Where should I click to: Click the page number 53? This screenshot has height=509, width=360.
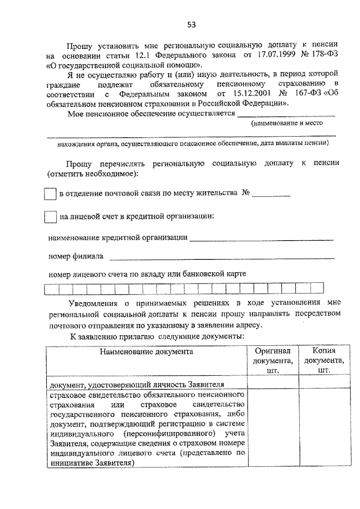pos(191,24)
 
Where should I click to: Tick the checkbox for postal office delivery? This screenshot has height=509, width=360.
pos(50,193)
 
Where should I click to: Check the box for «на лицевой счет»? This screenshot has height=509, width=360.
pos(50,217)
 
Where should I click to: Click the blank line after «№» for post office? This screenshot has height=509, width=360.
pos(271,195)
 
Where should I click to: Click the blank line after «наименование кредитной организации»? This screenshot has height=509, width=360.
pos(262,240)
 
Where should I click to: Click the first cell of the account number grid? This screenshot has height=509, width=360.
pos(51,290)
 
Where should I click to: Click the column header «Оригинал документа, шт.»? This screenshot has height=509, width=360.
pos(273,361)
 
